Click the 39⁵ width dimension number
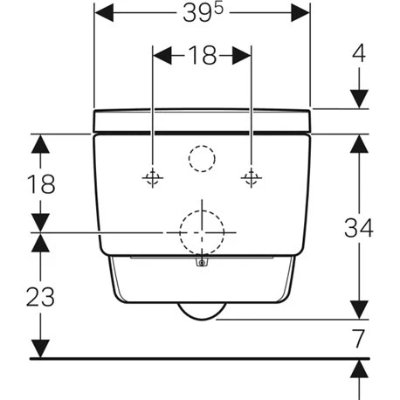pos(203,13)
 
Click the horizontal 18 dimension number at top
pos(203,55)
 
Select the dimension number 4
pos(359,53)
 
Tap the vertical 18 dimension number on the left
pos(41,184)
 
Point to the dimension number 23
pos(40,297)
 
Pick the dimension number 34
pos(359,227)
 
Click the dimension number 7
pos(358,339)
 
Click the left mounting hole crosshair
pos(153,177)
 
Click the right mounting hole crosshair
pos(252,177)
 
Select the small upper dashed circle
pos(202,146)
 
